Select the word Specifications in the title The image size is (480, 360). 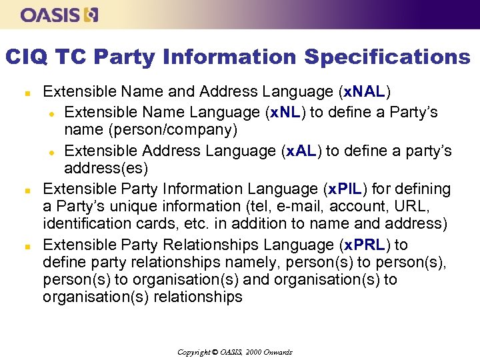tap(387, 57)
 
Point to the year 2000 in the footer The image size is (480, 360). tap(254, 352)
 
